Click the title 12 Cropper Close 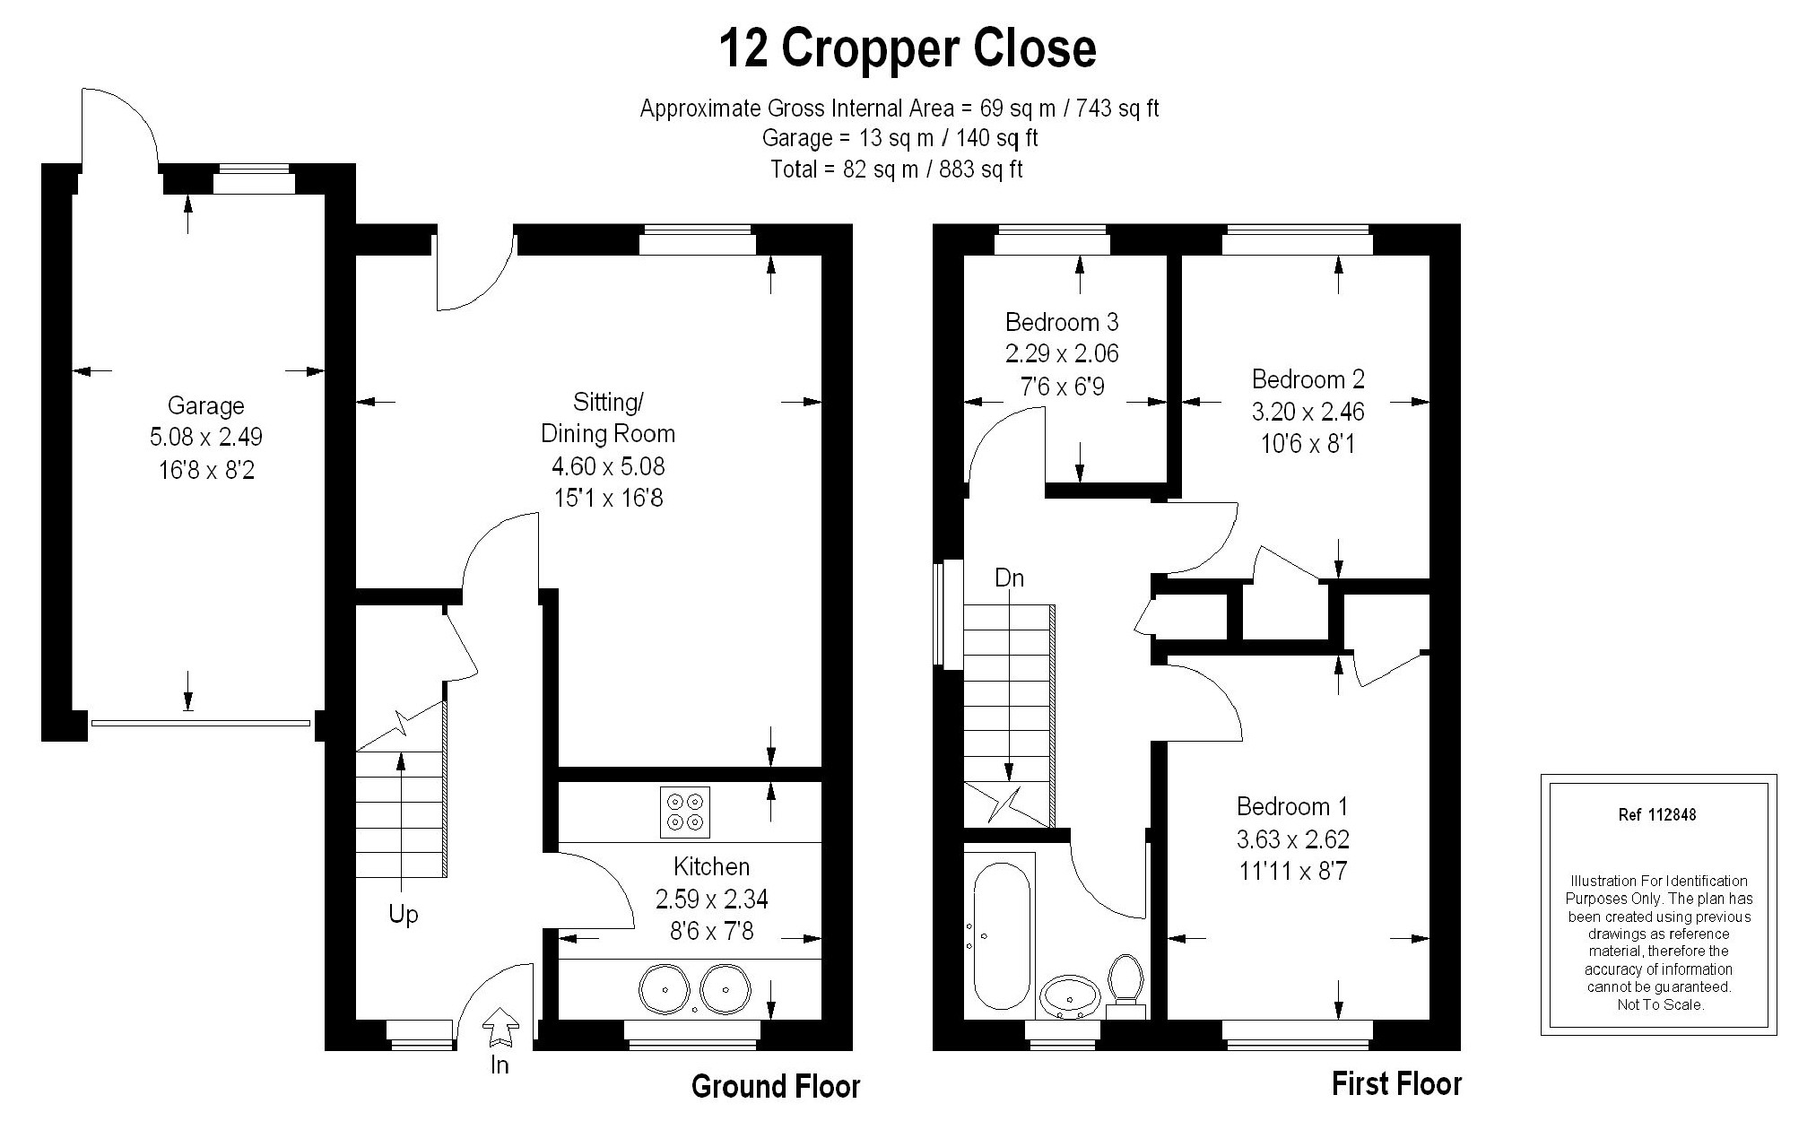(908, 49)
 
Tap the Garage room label (205, 406)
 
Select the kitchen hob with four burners (684, 812)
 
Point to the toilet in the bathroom (1125, 987)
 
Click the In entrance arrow (500, 1027)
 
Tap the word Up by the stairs (404, 915)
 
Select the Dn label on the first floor (1009, 578)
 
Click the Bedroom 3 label (1062, 321)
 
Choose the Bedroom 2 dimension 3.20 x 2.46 (1308, 412)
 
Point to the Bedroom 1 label (1292, 806)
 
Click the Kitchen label (711, 866)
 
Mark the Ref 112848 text (1657, 815)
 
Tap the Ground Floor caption (776, 1087)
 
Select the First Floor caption (1396, 1084)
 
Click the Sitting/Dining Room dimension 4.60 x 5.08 (608, 466)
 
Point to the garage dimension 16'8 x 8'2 (206, 470)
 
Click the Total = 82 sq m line (897, 169)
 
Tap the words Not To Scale (1660, 1004)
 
